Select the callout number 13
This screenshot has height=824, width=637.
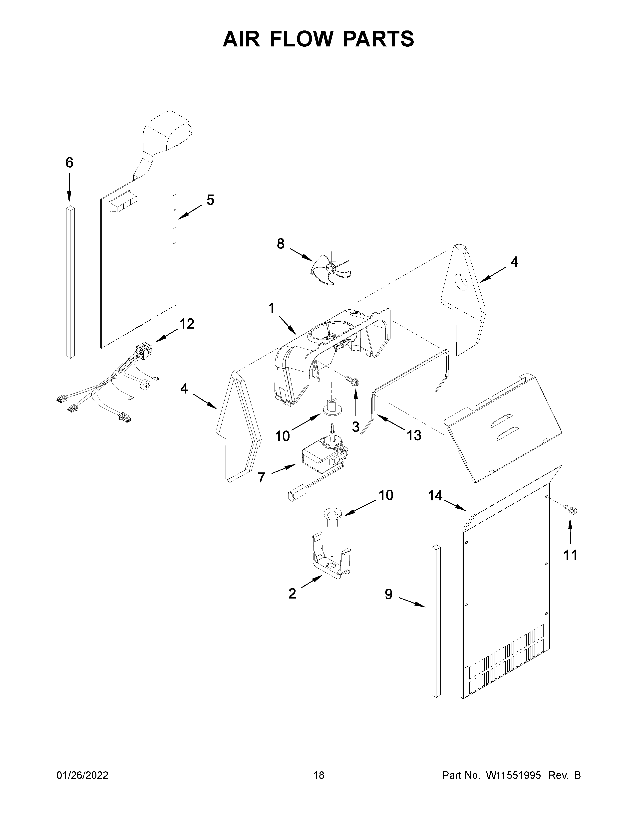[414, 435]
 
